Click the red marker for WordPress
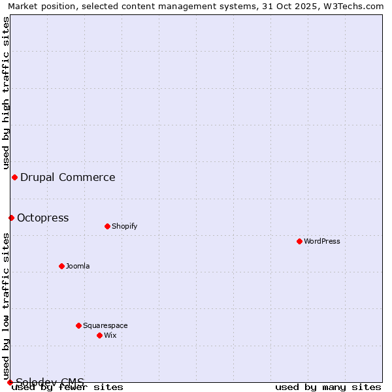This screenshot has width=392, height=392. pos(300,241)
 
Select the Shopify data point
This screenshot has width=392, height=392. pos(108,226)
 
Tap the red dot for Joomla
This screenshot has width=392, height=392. pos(62,266)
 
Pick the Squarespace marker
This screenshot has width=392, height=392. pos(79,325)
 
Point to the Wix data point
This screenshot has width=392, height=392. pos(100,335)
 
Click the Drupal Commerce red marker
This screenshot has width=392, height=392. pos(14,177)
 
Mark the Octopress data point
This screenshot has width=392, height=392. pos(11,218)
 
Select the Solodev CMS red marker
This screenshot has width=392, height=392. pos(10,382)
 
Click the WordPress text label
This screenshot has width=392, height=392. pos(322,241)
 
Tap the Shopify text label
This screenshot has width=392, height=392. pos(124,226)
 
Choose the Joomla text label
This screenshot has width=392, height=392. pos(78,266)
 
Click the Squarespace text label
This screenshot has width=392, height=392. pos(105,325)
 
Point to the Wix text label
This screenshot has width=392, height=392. pos(110,335)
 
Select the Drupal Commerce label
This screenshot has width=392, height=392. pos(68,177)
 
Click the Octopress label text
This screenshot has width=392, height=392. pos(43,218)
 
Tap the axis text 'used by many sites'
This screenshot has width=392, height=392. pos(328,387)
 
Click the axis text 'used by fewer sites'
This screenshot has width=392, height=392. pos(68,387)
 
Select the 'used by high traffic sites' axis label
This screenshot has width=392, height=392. pos(6,93)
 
